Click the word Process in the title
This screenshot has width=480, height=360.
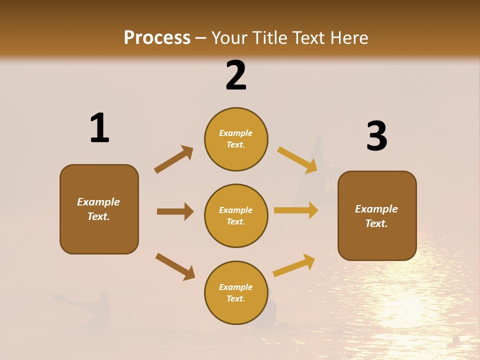pos(157,38)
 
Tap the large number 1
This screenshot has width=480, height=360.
pos(99,128)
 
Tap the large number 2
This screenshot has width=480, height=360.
pos(236,75)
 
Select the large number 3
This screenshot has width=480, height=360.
pos(376,136)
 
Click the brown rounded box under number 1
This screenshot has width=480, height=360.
pos(99,209)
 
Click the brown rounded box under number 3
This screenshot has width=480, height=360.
pos(377,215)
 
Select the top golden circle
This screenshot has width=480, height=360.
pos(236,139)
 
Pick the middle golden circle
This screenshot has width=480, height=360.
pos(236,215)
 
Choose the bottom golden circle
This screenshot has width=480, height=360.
pos(236,292)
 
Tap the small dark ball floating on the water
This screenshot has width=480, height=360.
pos(455,340)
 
